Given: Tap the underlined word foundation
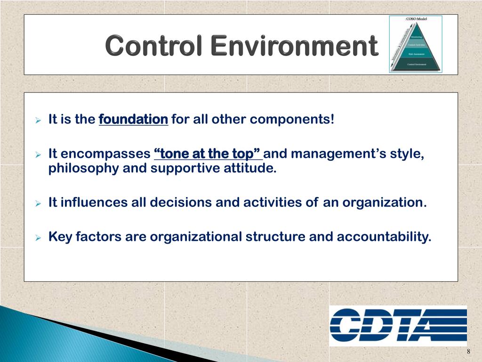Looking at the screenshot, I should point(133,119).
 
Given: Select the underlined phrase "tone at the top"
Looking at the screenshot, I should point(207,154).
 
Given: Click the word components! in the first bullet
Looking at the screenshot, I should point(291,119).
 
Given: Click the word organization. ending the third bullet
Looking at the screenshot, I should point(384,203).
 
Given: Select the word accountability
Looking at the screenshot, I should point(384,237).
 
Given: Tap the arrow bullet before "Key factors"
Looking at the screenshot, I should point(39,237).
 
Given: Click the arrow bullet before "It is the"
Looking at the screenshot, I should point(39,120).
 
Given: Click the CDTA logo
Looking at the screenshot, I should point(398,325).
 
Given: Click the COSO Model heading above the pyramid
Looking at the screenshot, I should point(415,19).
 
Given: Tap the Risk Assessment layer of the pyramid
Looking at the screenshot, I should point(417,54).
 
